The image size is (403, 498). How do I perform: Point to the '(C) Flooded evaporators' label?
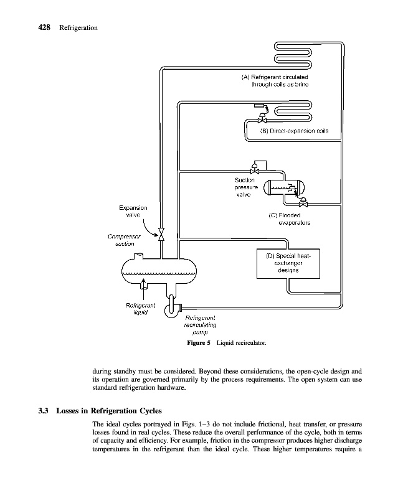click(285, 218)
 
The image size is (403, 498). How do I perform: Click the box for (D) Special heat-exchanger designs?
click(288, 263)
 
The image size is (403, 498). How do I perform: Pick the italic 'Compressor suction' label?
click(124, 240)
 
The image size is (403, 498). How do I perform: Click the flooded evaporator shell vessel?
click(283, 189)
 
